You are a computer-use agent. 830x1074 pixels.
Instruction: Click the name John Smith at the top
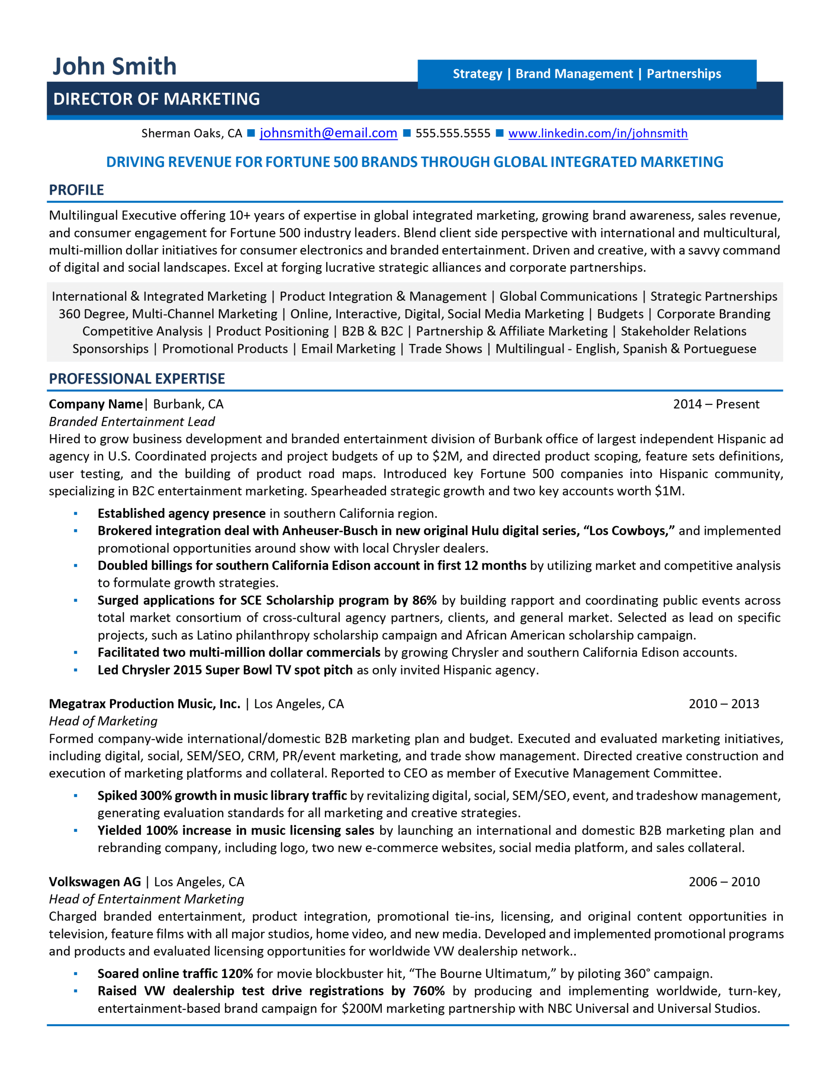pos(114,66)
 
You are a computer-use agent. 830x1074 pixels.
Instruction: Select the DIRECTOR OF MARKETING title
pos(157,99)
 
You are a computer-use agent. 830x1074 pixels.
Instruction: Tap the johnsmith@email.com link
pos(328,133)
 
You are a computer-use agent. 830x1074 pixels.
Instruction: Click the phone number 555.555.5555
pos(453,133)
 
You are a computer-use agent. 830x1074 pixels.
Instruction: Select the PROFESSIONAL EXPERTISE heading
pos(137,379)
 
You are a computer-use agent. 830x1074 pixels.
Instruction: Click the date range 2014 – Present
pos(716,404)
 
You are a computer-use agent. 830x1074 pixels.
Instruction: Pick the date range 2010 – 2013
pos(723,704)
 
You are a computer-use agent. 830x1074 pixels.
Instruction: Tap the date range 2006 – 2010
pos(724,882)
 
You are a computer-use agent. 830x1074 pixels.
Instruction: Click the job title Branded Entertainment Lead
pos(132,422)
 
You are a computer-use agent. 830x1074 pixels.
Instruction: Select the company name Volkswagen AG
pos(95,882)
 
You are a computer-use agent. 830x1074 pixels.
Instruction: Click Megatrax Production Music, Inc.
pos(145,704)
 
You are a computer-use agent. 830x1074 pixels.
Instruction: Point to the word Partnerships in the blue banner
pos(684,74)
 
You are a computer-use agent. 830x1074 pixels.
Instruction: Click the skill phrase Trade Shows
pos(445,349)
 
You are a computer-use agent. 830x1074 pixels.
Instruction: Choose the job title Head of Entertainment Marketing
pos(146,899)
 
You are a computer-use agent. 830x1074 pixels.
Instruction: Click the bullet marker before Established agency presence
pos(76,514)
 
